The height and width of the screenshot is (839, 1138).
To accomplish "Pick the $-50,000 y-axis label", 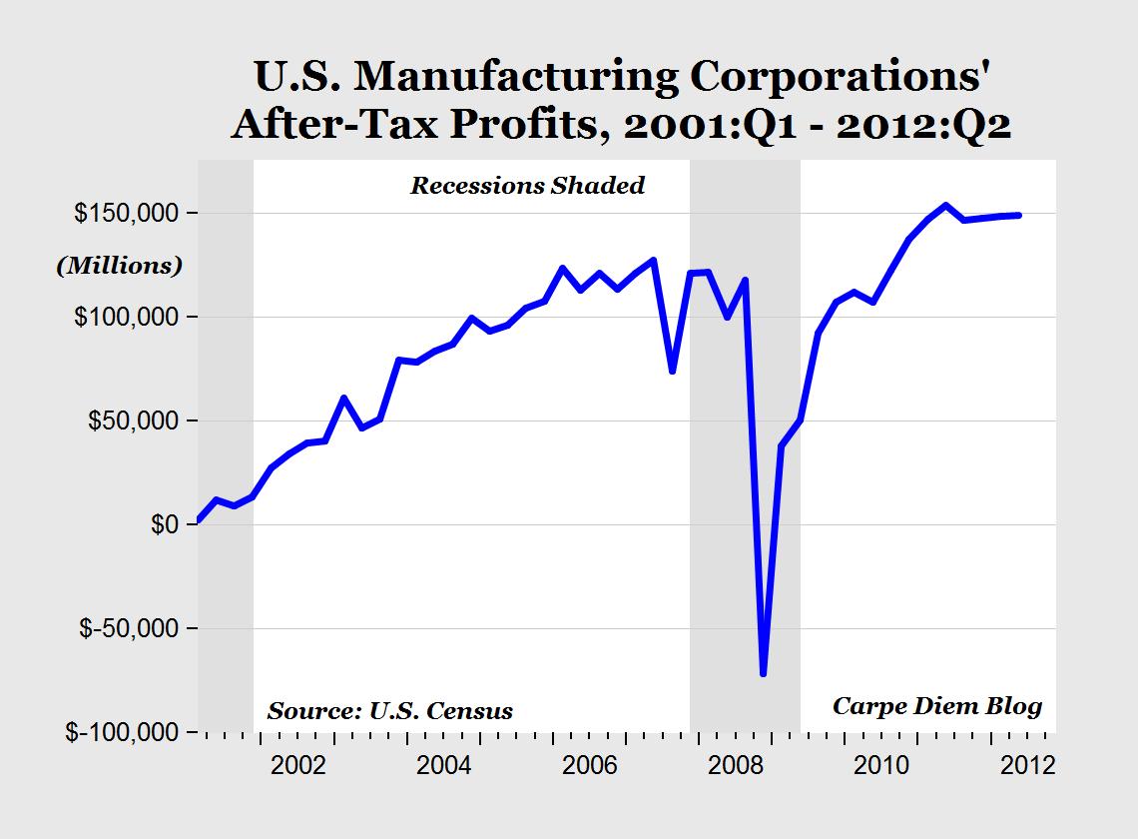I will click(x=123, y=628).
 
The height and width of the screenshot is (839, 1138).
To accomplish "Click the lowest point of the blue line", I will click(x=764, y=674).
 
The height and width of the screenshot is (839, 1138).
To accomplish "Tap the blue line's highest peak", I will click(x=945, y=206).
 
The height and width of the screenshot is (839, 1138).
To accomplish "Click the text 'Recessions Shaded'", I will click(x=527, y=186).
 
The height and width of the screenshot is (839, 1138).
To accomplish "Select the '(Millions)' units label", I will click(x=119, y=266).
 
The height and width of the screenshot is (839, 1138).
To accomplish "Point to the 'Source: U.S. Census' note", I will click(x=389, y=711).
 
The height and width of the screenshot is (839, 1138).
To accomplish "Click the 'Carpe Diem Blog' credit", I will click(x=937, y=707).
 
